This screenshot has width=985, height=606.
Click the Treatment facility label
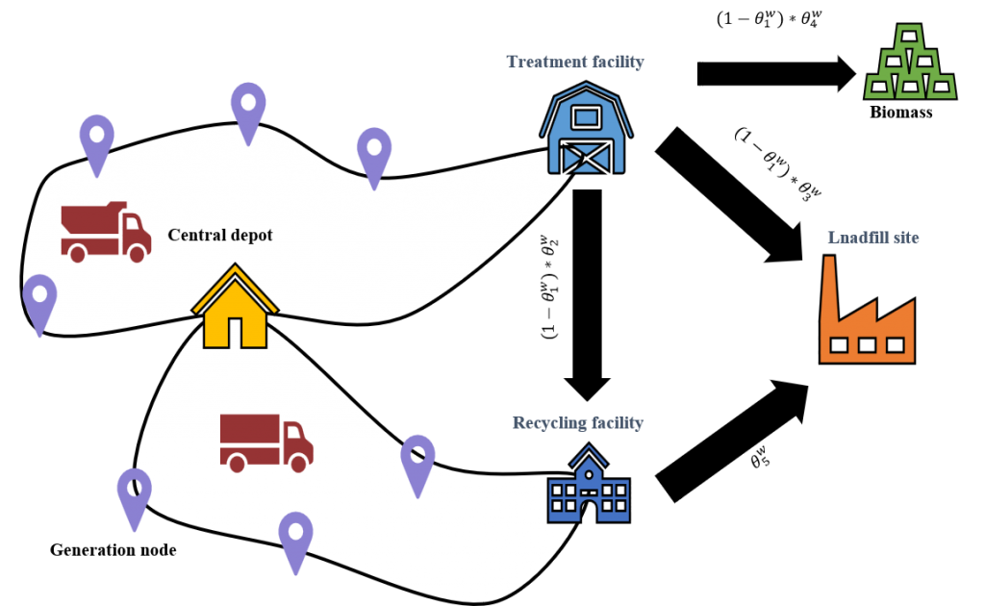[x=575, y=63]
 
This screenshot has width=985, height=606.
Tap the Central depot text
[x=220, y=235]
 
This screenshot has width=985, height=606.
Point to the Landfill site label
[x=872, y=237]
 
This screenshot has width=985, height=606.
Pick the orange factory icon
[x=866, y=317]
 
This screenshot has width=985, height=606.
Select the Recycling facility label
[x=578, y=423]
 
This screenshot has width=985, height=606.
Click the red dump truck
[x=105, y=232]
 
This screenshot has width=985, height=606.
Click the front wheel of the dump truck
[x=138, y=253]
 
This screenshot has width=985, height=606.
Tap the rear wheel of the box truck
[x=236, y=462]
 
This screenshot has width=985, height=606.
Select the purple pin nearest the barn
[x=373, y=154]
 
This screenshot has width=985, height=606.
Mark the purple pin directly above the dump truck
[x=96, y=140]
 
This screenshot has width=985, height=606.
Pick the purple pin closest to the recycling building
[x=417, y=462]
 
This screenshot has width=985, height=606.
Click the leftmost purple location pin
[x=39, y=302]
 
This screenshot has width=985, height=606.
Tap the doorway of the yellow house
[x=236, y=329]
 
